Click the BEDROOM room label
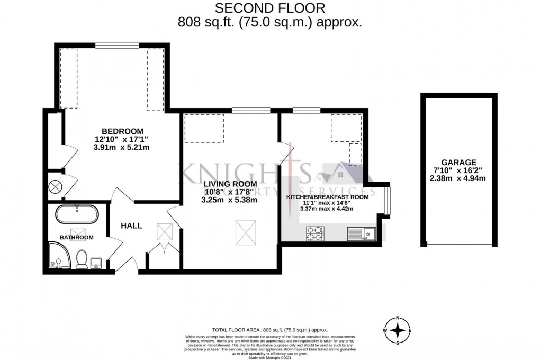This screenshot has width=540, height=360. [x=122, y=131]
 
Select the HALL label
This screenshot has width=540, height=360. [x=131, y=226]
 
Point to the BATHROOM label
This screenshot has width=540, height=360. [x=76, y=238]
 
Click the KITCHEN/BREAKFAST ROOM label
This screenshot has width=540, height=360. [x=327, y=196]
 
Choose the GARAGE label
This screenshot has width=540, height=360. [x=459, y=162]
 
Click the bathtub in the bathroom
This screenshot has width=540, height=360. [x=76, y=214]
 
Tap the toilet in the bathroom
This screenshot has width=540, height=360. [x=82, y=260]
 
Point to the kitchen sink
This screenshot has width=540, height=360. [x=362, y=233]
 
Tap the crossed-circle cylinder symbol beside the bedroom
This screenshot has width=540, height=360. [x=55, y=186]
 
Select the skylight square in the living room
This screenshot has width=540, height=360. [x=246, y=231]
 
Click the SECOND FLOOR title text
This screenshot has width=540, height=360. [x=270, y=8]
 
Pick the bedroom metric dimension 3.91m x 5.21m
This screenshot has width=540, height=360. [x=122, y=147]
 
